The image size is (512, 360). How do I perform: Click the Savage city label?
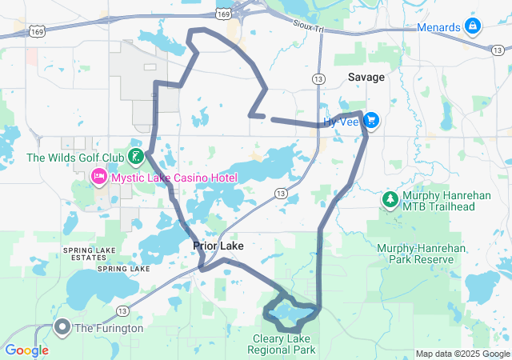click(366, 78)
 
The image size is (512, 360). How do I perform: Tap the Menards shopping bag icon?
click(473, 27)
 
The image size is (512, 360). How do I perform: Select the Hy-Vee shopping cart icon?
click(371, 121)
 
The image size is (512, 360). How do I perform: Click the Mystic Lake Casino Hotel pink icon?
click(99, 176)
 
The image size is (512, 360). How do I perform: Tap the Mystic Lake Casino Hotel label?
click(174, 177)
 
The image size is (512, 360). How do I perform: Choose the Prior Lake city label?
click(218, 246)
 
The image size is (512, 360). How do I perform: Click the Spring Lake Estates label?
click(84, 254)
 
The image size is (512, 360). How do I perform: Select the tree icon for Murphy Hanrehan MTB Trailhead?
click(390, 198)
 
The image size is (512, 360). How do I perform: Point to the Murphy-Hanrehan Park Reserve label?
click(421, 254)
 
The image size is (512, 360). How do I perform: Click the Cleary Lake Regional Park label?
click(281, 345)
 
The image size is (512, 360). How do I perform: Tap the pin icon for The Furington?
click(62, 326)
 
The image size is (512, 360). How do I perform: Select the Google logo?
click(26, 350)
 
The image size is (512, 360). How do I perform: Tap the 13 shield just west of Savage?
click(318, 79)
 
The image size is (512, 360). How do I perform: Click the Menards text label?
click(439, 27)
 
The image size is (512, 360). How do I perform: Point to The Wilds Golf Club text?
click(76, 158)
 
